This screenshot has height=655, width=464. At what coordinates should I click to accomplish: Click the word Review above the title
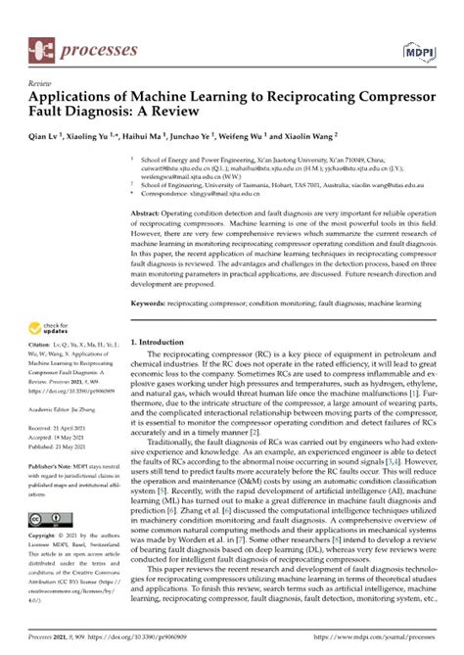[x=40, y=85]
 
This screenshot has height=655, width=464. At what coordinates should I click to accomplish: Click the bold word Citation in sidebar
[x=41, y=345]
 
